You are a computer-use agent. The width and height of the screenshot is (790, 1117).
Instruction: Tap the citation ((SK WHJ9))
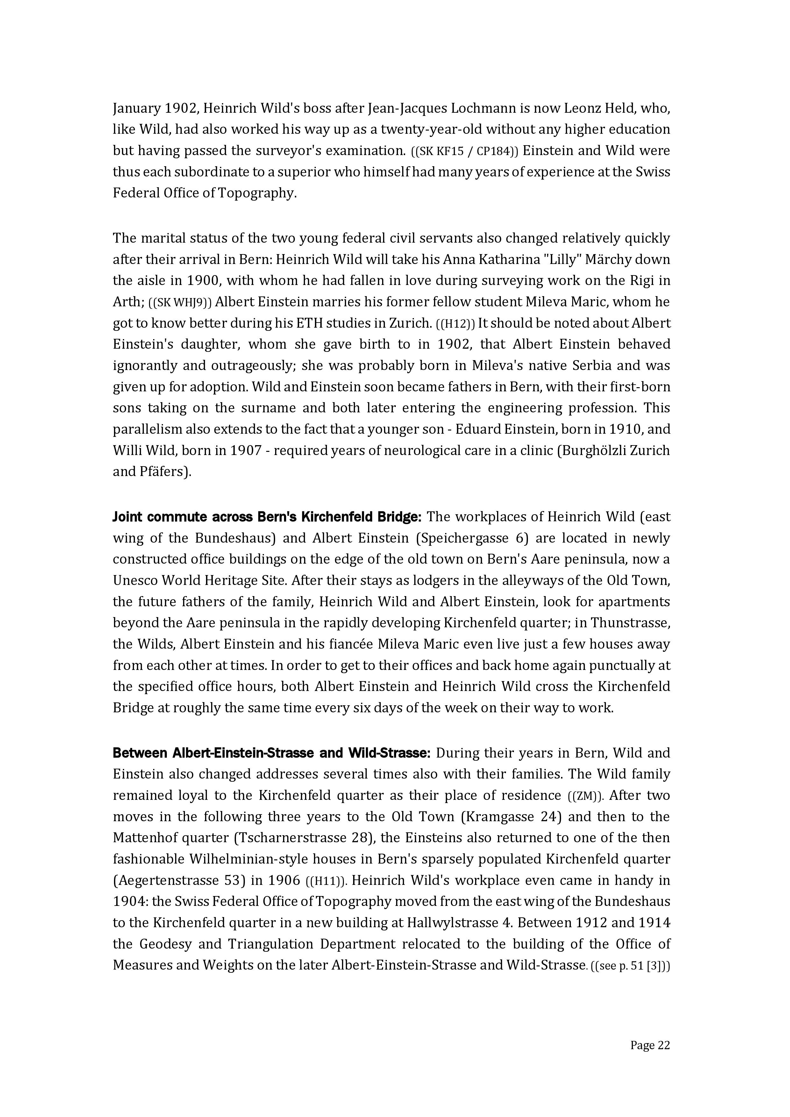pyautogui.click(x=180, y=302)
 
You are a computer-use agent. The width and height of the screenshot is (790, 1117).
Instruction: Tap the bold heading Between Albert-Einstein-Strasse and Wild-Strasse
pyautogui.click(x=271, y=753)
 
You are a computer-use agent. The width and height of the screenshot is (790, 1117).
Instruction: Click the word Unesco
pyautogui.click(x=135, y=580)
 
